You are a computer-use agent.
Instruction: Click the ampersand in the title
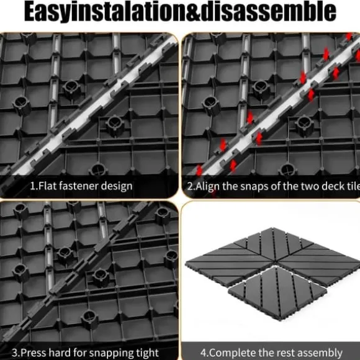point(194,11)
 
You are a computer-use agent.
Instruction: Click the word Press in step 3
point(34,353)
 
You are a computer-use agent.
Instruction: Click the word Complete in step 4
point(233,353)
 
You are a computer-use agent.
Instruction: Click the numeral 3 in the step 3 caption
point(15,353)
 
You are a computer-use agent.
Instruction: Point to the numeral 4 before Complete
point(204,353)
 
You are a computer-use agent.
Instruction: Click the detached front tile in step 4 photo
point(277,293)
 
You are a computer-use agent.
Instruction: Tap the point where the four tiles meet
point(275,262)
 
